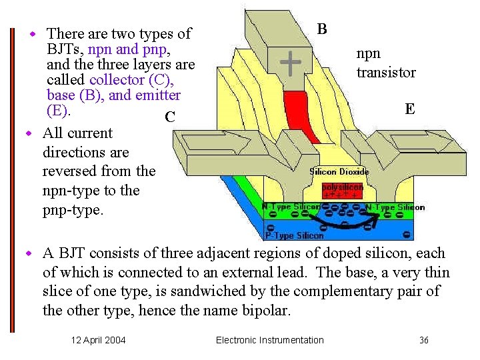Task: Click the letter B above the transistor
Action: click(x=322, y=29)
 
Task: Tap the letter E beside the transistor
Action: click(x=409, y=109)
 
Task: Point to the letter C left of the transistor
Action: click(x=169, y=118)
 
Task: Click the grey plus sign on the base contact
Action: click(x=289, y=63)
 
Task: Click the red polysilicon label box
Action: click(x=343, y=189)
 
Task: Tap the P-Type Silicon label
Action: click(x=294, y=235)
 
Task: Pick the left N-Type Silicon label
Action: click(x=291, y=207)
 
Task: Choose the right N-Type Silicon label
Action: click(x=395, y=207)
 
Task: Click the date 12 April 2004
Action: click(x=99, y=340)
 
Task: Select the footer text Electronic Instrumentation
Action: click(x=270, y=340)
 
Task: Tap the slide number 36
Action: click(x=424, y=340)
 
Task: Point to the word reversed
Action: click(x=71, y=171)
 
